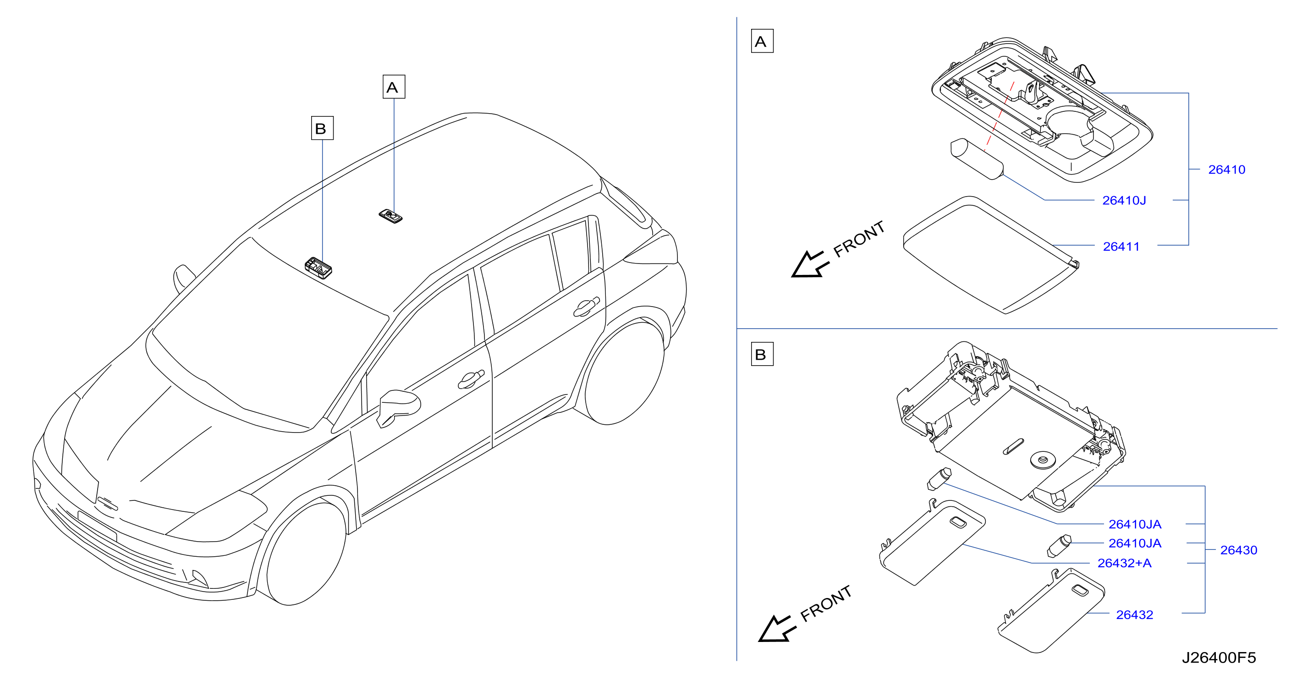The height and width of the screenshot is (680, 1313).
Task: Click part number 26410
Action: (1226, 170)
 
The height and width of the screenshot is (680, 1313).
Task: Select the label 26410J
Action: (1124, 200)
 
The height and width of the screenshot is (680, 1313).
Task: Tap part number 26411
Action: (1121, 247)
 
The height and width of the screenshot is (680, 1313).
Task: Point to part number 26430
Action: (1239, 550)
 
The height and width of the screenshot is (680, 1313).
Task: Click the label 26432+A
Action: (1124, 563)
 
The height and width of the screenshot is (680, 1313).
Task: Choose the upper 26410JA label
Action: (1135, 524)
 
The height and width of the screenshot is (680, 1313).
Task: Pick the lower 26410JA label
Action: (1135, 543)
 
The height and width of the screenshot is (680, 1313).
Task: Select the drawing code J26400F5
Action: (1219, 658)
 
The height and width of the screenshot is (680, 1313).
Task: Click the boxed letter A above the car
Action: (394, 87)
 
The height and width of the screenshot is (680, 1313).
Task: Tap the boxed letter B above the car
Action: (322, 128)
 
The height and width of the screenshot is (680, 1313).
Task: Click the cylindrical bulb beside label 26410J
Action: (977, 159)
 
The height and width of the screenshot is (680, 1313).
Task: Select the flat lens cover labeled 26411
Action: (990, 254)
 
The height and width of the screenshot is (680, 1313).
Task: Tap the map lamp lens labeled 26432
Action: (1051, 611)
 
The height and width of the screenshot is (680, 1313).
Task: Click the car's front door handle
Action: (471, 379)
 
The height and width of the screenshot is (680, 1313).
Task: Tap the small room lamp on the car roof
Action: (390, 216)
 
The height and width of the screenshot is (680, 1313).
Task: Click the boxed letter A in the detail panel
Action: (762, 41)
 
